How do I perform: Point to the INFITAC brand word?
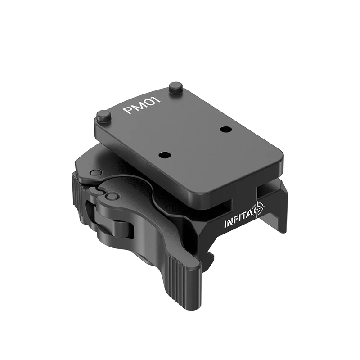(238, 220)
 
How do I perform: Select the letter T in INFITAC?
(243, 217)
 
